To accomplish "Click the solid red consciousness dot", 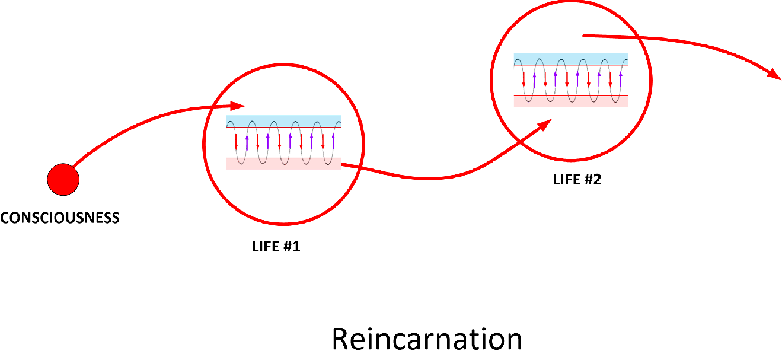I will pyautogui.click(x=63, y=179).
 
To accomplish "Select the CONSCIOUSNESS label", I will pyautogui.click(x=60, y=218).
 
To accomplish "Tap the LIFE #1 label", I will pyautogui.click(x=276, y=246).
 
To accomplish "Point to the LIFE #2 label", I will pyautogui.click(x=577, y=180).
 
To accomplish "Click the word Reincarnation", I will pyautogui.click(x=427, y=339).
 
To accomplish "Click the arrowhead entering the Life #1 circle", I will pyautogui.click(x=237, y=106).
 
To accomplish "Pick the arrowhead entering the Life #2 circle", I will pyautogui.click(x=543, y=125).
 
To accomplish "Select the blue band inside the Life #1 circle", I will pyautogui.click(x=284, y=120).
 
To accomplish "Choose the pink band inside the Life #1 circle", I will pyautogui.click(x=284, y=164).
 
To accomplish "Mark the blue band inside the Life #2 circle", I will pyautogui.click(x=571, y=59).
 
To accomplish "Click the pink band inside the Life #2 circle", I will pyautogui.click(x=571, y=101).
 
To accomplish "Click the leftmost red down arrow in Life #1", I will pyautogui.click(x=237, y=142).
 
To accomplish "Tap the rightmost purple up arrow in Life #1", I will pyautogui.click(x=333, y=142).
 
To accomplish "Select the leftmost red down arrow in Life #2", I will pyautogui.click(x=524, y=79).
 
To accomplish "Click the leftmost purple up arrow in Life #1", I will pyautogui.click(x=247, y=142).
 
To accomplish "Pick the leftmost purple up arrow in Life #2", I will pyautogui.click(x=534, y=79).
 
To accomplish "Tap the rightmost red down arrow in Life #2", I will pyautogui.click(x=610, y=79).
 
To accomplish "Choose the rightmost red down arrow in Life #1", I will pyautogui.click(x=323, y=142).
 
